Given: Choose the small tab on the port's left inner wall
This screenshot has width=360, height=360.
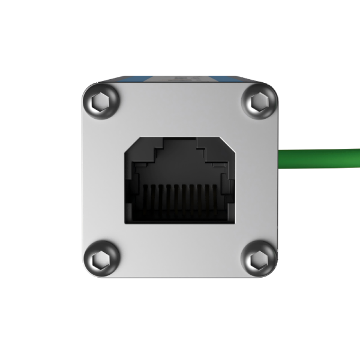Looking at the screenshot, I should (x=136, y=183).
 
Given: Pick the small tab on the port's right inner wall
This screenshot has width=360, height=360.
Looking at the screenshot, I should (x=224, y=183).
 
